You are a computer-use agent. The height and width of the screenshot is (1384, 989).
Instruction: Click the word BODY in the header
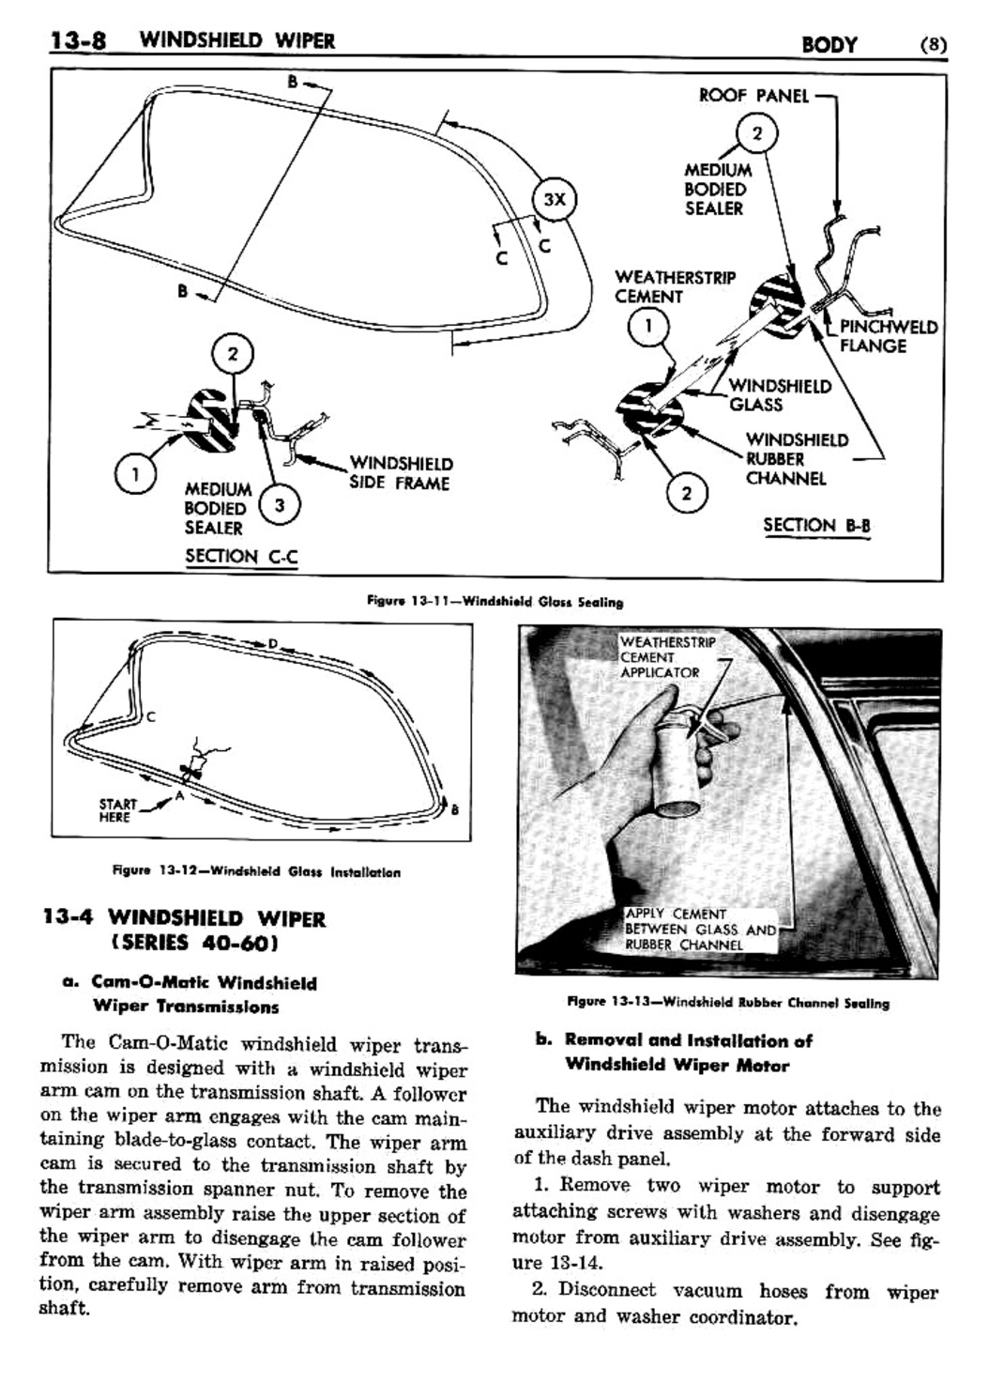click(x=829, y=44)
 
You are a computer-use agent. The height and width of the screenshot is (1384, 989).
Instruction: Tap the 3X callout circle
click(x=555, y=199)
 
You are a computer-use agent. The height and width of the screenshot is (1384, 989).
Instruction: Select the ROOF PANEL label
click(x=753, y=96)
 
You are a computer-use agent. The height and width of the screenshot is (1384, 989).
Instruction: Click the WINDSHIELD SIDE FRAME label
click(x=400, y=473)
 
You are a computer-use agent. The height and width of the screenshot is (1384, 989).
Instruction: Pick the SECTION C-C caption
click(x=241, y=556)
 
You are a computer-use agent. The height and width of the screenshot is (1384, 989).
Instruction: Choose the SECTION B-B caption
click(x=816, y=525)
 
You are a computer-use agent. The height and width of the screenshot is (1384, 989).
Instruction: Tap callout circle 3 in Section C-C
click(x=279, y=505)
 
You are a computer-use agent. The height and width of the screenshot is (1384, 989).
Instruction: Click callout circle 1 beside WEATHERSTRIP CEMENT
click(x=648, y=328)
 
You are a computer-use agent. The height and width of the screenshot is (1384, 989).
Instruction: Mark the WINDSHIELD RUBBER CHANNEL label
click(x=796, y=459)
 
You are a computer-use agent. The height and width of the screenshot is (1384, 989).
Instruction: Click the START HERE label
click(x=117, y=810)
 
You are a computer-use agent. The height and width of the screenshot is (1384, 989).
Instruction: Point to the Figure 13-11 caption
click(x=494, y=602)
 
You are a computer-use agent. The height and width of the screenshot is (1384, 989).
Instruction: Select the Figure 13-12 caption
click(x=256, y=872)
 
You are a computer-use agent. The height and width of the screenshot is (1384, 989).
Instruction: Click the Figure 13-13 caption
click(x=727, y=1003)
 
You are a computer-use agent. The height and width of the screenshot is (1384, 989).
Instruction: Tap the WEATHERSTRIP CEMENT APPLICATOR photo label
click(x=667, y=657)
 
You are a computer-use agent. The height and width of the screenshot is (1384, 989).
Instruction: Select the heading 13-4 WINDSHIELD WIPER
click(x=184, y=930)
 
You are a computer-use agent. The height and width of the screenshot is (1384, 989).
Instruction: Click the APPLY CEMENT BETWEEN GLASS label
click(x=699, y=929)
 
